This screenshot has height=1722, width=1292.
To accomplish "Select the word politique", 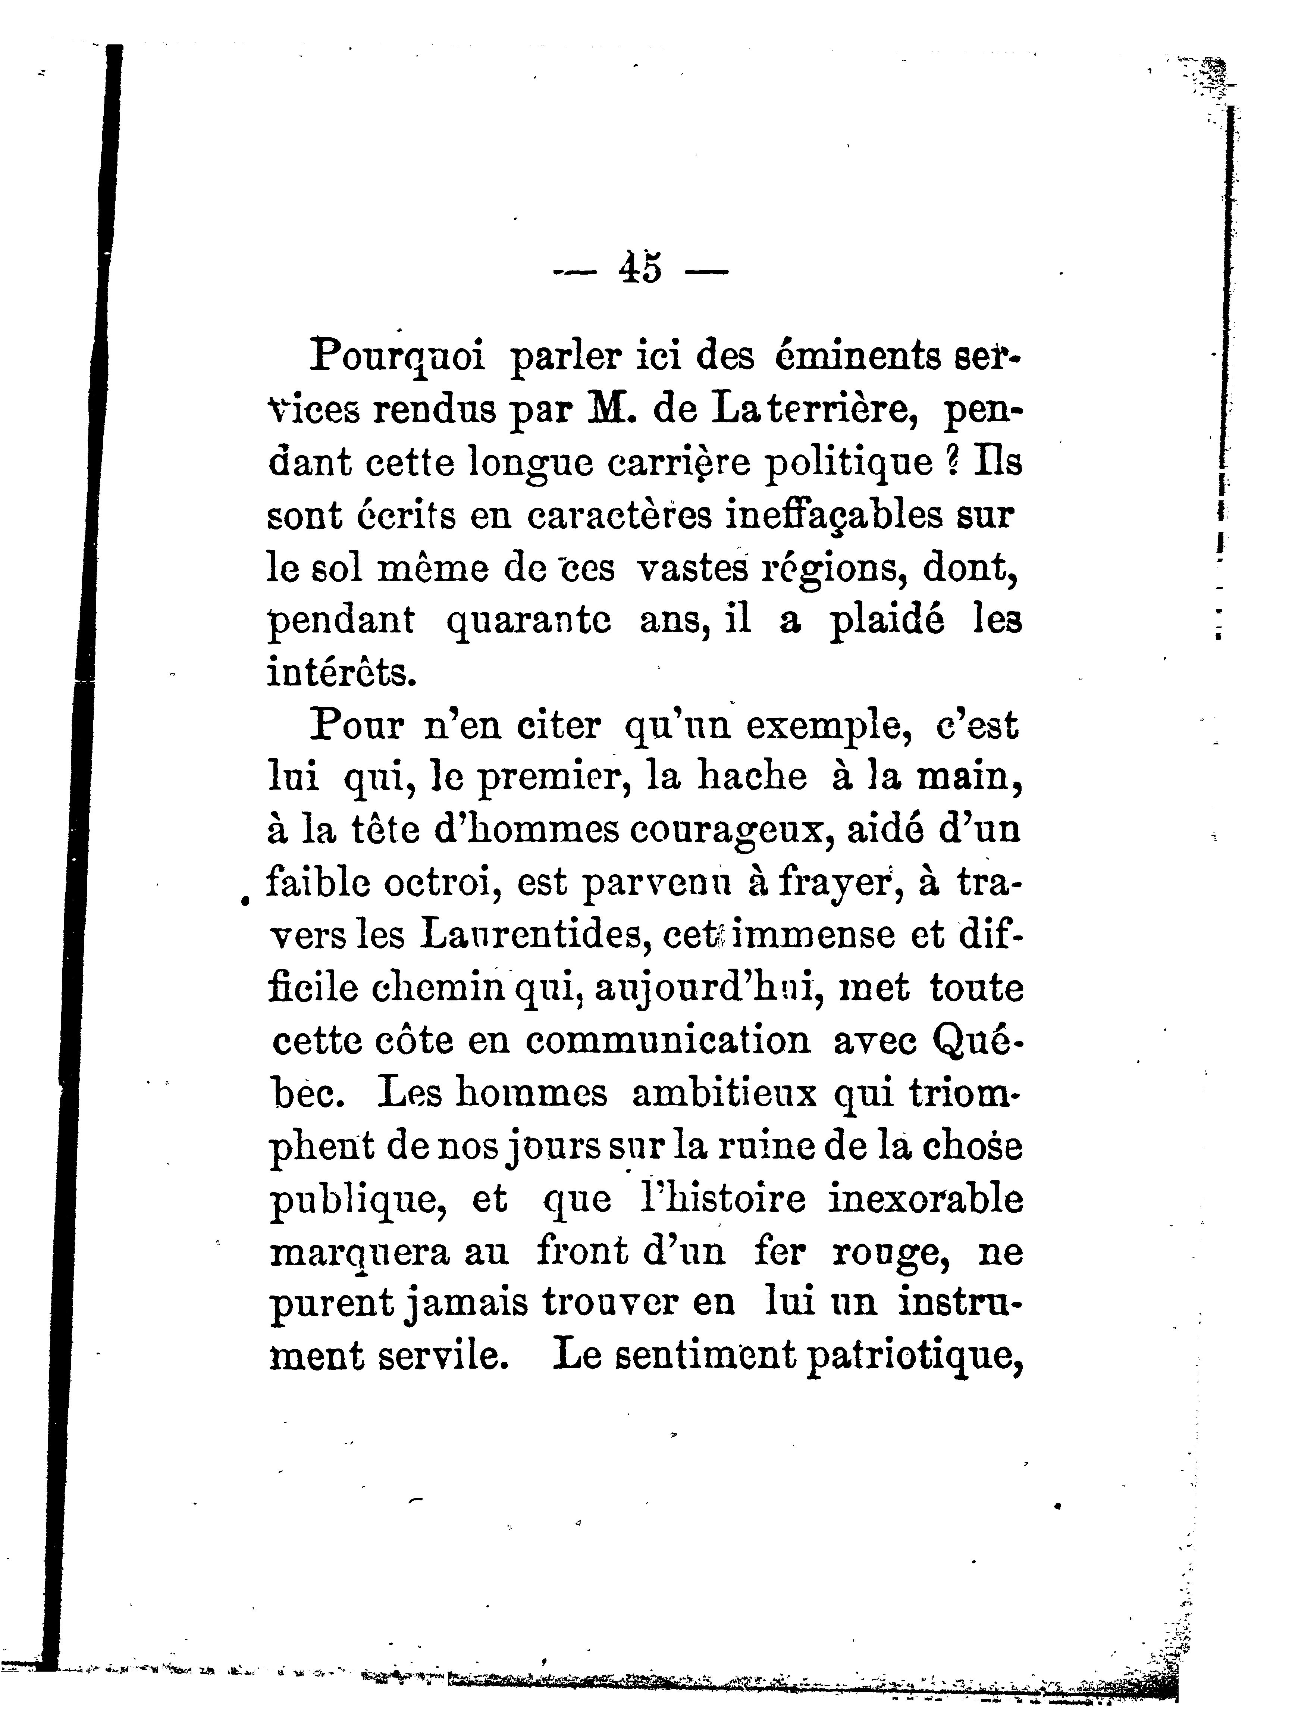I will pos(849,463).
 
